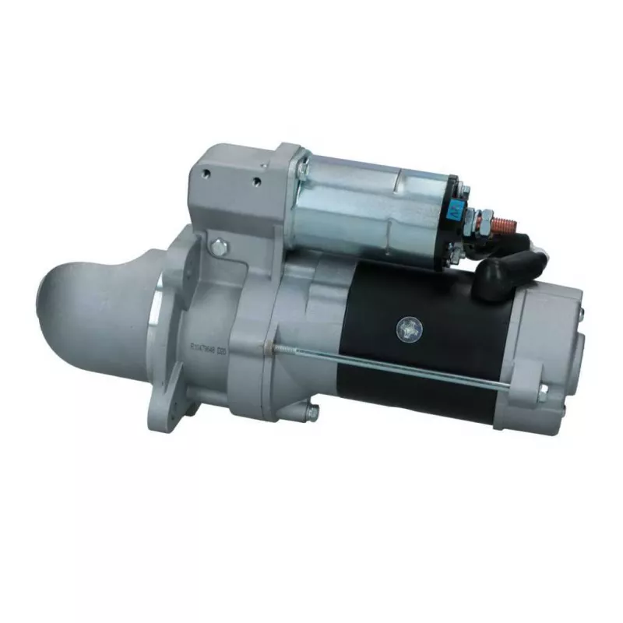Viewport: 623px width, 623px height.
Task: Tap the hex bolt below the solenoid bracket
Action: pyautogui.click(x=219, y=248)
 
